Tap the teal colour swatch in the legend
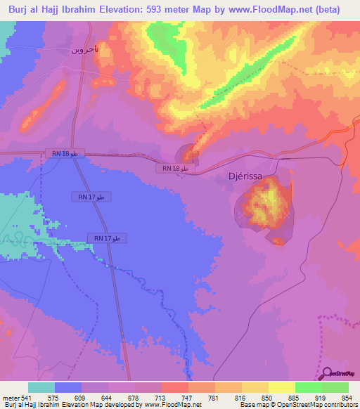point(41,387)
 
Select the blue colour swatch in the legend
point(68,387)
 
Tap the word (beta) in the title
point(328,10)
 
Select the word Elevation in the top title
point(124,10)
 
